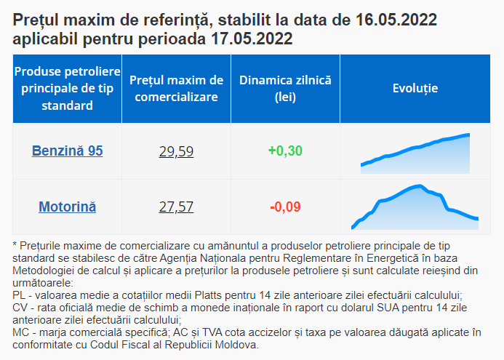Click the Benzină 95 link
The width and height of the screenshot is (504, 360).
pos(67,151)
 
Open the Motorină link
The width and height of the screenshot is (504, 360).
pos(67,207)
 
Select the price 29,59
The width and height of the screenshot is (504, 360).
pos(176,151)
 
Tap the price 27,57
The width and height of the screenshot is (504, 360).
pos(176,207)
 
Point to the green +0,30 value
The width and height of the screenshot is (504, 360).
pos(285,151)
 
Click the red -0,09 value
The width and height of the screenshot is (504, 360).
pos(285,207)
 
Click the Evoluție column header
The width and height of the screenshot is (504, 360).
pos(415,88)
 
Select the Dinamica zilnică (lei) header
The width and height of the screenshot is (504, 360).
pos(285,88)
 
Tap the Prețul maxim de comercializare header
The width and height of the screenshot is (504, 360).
pos(176,88)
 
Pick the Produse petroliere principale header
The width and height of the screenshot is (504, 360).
pos(67,88)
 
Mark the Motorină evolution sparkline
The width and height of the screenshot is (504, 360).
pos(415,208)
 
